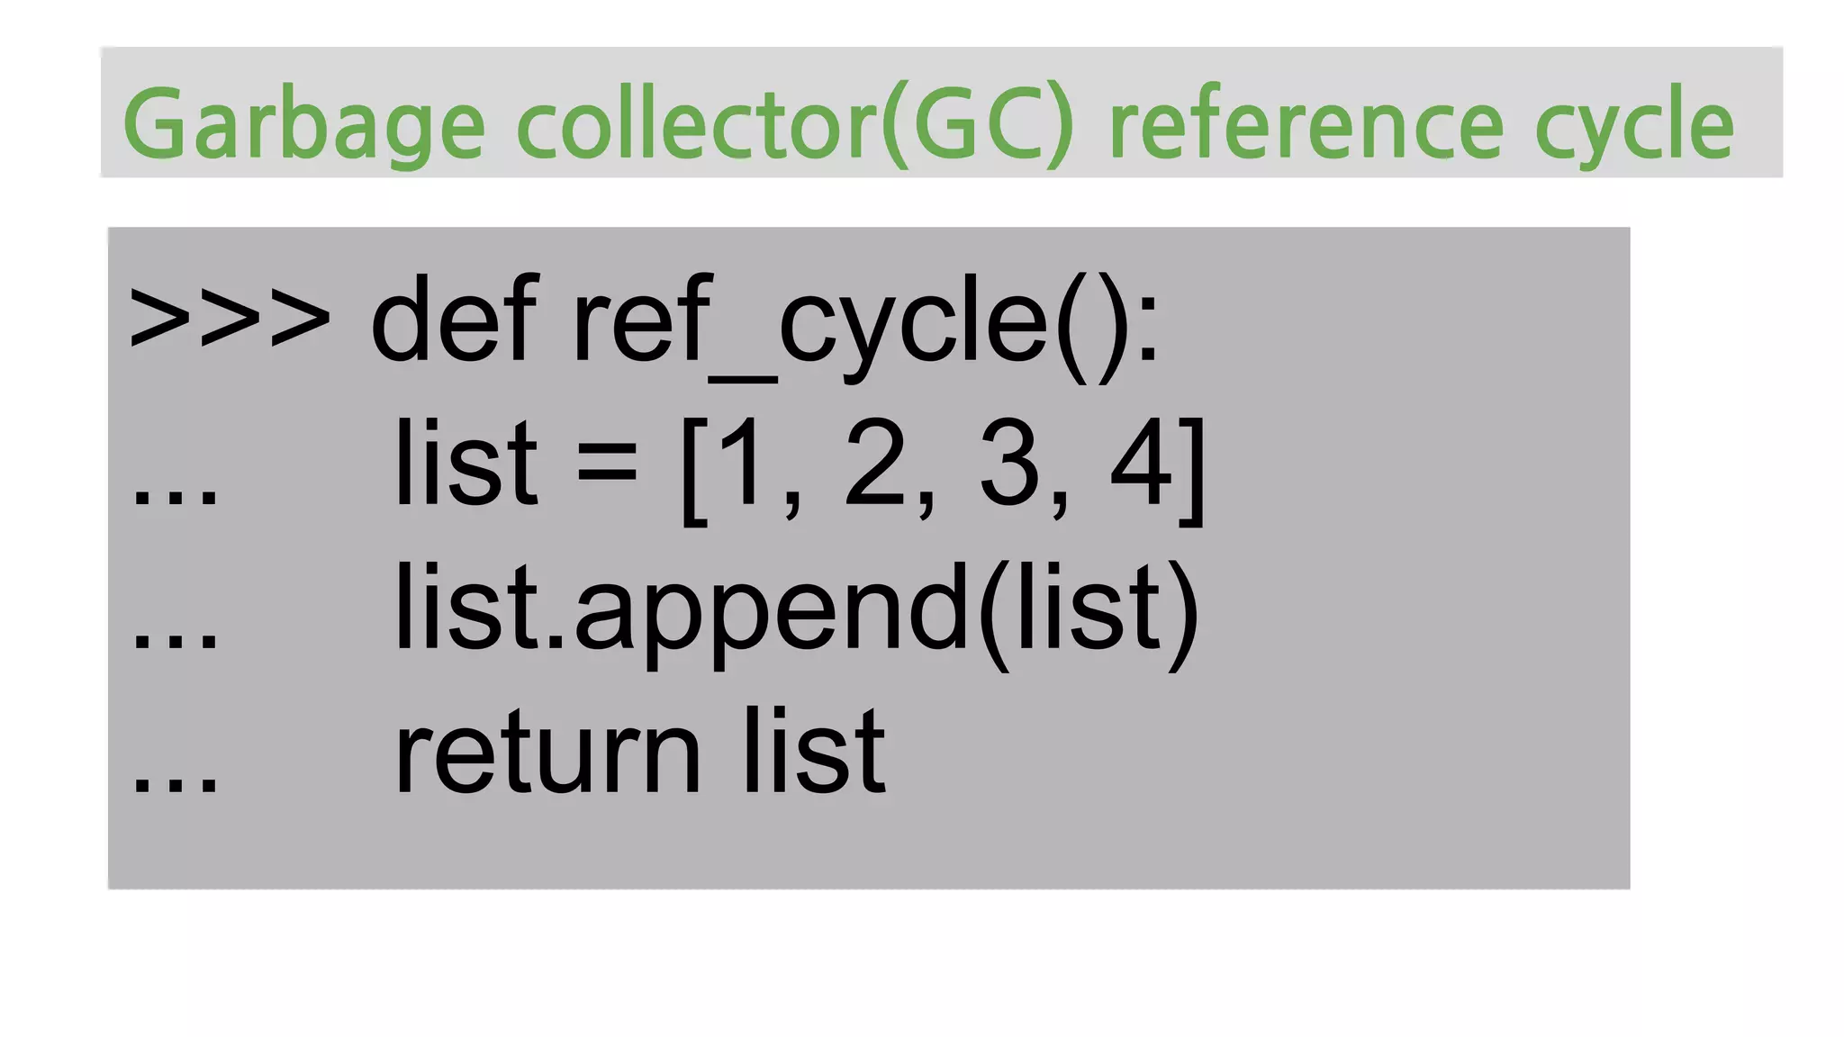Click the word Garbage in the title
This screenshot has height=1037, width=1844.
pyautogui.click(x=303, y=124)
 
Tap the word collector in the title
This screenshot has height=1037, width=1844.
pyautogui.click(x=695, y=124)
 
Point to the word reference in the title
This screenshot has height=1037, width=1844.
pyautogui.click(x=1306, y=124)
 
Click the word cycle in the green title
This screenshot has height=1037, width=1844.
pyautogui.click(x=1633, y=124)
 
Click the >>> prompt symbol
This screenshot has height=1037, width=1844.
pyautogui.click(x=230, y=320)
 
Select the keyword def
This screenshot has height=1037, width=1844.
pyautogui.click(x=453, y=320)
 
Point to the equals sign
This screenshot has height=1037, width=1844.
pyautogui.click(x=607, y=466)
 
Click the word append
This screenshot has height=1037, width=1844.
pyautogui.click(x=770, y=612)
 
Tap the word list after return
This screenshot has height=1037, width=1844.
pyautogui.click(x=814, y=752)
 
